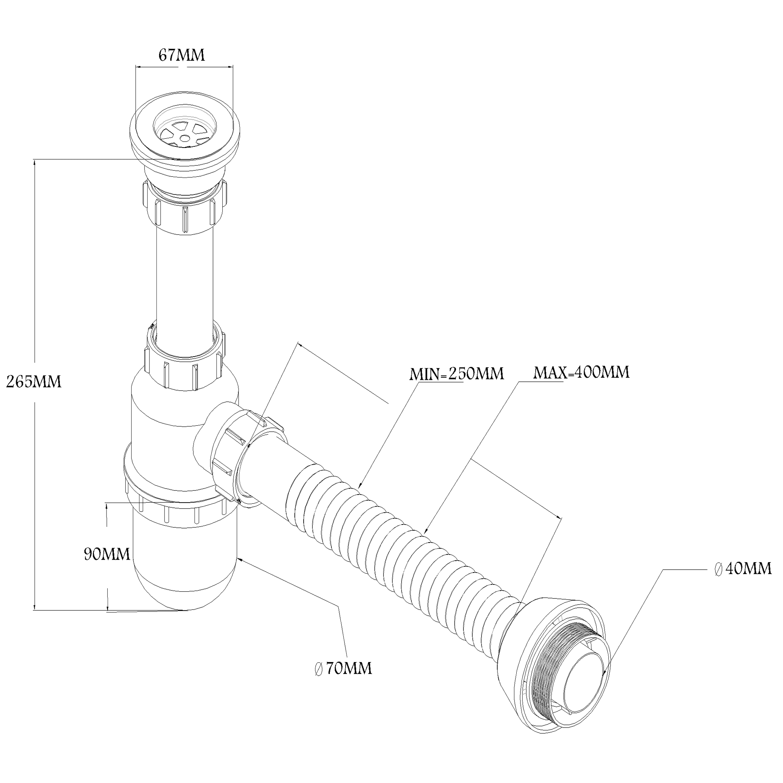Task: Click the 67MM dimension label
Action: point(182,55)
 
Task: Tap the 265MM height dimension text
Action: point(34,381)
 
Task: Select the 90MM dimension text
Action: point(107,554)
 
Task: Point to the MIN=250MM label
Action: point(457,373)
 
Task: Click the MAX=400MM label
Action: point(581,372)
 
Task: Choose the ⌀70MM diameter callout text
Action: point(343,668)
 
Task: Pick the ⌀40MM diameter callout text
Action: point(742,568)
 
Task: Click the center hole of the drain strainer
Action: point(185,138)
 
